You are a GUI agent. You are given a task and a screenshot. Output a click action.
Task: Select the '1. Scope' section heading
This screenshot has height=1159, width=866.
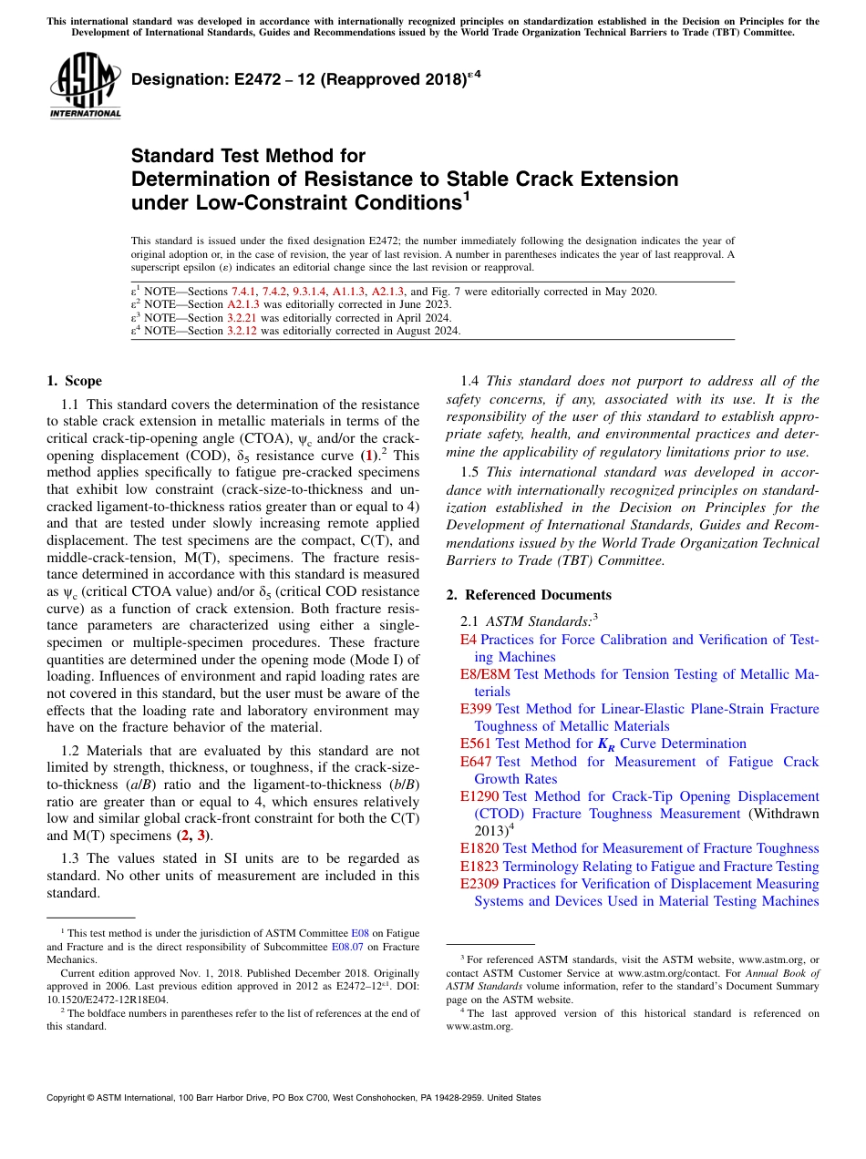point(74,381)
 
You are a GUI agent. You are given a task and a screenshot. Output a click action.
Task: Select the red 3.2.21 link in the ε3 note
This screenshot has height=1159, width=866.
point(243,318)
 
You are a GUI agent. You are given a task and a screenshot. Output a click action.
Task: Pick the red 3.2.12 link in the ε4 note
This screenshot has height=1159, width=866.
point(243,331)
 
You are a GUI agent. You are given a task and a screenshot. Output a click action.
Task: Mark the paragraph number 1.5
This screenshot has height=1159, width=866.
point(470,472)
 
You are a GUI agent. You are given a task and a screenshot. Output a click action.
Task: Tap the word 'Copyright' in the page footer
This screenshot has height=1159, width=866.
point(67,1098)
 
